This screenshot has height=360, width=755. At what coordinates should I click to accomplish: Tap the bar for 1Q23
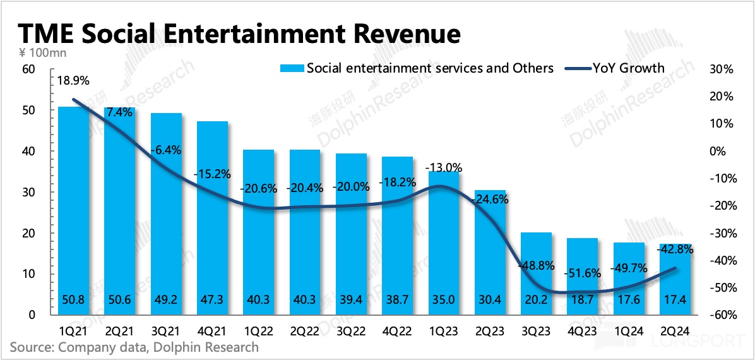(x=443, y=243)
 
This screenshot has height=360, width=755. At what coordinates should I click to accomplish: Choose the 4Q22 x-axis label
(x=397, y=330)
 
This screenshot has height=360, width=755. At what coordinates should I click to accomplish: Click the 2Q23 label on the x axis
(x=490, y=330)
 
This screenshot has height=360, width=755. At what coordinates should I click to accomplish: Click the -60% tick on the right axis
(x=719, y=315)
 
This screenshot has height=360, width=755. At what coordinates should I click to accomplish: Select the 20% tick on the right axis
(x=719, y=97)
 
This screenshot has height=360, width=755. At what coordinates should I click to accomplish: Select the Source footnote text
(x=134, y=347)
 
